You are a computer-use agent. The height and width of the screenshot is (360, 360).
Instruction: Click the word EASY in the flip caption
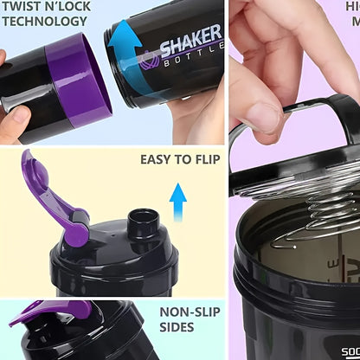tap(156, 159)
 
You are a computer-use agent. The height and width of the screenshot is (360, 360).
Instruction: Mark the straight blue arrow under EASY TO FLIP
tap(177, 202)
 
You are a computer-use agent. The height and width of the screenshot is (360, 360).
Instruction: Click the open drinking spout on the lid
tap(141, 222)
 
